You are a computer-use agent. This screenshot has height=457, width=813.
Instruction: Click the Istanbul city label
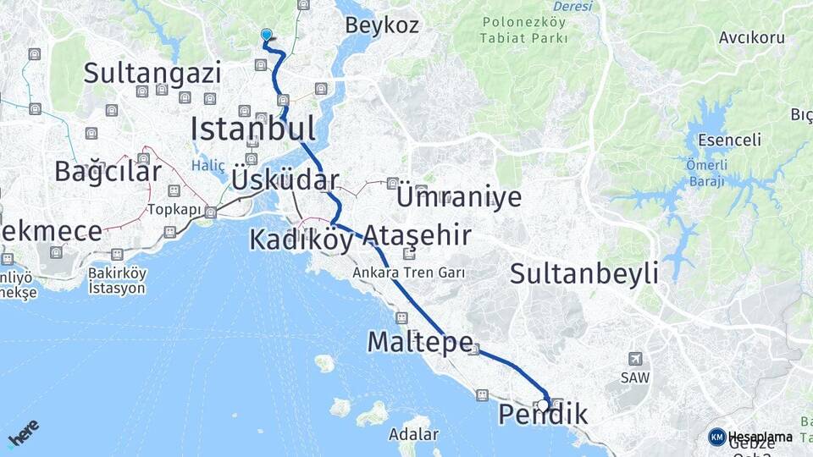[252, 129]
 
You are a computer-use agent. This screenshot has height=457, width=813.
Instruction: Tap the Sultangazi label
[152, 73]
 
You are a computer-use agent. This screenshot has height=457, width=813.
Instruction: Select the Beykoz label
[381, 25]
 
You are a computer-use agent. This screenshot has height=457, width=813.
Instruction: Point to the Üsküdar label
[285, 180]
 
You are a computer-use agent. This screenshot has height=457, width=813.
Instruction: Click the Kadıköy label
[301, 240]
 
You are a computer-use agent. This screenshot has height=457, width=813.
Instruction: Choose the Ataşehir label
[417, 235]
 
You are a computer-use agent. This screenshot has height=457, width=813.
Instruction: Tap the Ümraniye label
[459, 196]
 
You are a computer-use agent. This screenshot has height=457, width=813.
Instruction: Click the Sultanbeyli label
[584, 273]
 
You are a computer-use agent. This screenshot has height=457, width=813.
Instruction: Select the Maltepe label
[419, 342]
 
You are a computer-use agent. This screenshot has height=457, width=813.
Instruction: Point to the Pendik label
[543, 415]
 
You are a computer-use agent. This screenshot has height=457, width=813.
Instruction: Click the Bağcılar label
[108, 171]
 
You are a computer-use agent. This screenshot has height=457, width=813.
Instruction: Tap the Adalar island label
[413, 435]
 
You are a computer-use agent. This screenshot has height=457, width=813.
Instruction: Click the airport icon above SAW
[635, 358]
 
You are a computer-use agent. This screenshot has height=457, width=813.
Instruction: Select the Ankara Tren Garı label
[413, 273]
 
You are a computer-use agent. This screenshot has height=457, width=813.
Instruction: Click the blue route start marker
[267, 35]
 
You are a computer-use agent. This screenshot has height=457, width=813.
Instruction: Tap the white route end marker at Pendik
[543, 405]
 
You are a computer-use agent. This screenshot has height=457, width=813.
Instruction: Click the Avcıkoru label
[751, 38]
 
